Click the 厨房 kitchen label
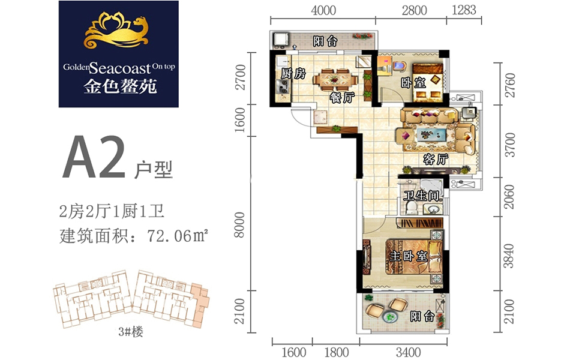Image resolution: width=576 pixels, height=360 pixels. pos(293,73)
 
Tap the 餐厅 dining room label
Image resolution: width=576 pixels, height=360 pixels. pos(342,97)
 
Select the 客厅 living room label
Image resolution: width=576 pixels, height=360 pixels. pos(436,158)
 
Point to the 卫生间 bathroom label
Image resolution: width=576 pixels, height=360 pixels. pos(421,195)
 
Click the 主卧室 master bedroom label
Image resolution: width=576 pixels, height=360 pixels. pos(409,256)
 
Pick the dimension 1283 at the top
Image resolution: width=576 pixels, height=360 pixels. pos(464,10)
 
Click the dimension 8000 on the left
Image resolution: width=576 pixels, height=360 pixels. pos(239,224)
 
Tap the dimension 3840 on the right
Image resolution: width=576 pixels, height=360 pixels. pos(509,256)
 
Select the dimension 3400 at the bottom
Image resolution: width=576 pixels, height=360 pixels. pos(408,352)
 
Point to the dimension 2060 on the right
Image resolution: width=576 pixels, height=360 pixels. pos(509,197)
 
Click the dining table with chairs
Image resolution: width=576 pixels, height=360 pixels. pos(335,79)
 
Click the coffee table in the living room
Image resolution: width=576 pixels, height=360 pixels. pos(431,134)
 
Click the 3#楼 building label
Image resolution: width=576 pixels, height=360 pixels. pos(131,332)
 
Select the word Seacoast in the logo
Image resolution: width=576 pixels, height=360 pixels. pos(120,68)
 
